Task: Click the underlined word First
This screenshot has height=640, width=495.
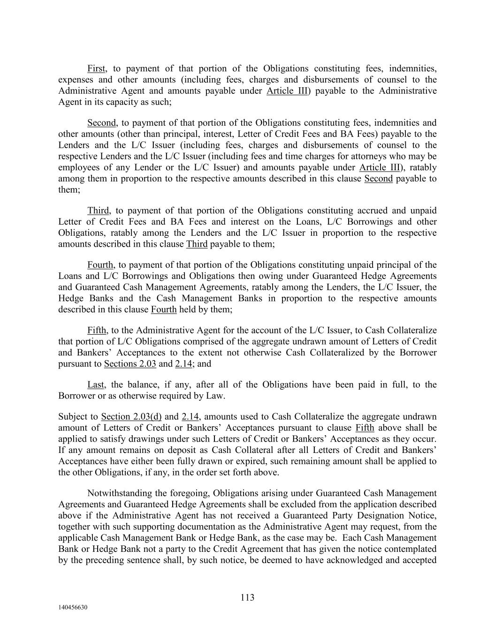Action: (x=96, y=69)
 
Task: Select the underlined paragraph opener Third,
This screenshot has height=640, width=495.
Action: (x=99, y=211)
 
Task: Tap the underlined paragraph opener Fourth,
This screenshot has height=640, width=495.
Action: (x=100, y=265)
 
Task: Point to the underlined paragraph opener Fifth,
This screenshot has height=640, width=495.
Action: (x=97, y=331)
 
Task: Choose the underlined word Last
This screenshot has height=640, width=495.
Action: (x=96, y=385)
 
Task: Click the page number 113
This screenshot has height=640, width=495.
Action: (x=247, y=597)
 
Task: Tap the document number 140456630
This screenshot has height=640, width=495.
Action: (x=73, y=608)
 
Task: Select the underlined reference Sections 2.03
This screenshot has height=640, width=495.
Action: (x=130, y=364)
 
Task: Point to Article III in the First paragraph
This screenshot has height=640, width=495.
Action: (x=286, y=91)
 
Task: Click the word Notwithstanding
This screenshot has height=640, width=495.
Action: (x=118, y=494)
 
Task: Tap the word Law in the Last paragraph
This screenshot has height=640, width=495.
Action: (x=215, y=396)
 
